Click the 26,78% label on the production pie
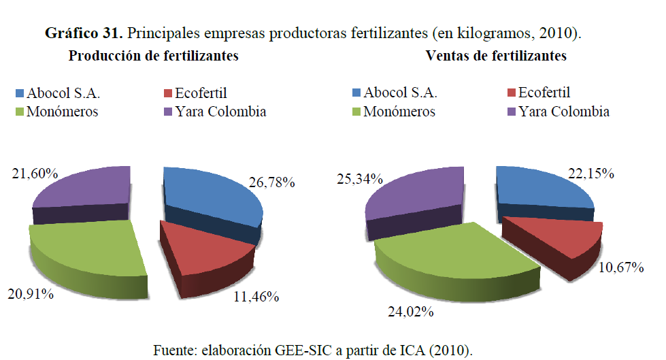click(271, 182)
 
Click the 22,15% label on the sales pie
click(592, 174)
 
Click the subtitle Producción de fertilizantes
click(153, 56)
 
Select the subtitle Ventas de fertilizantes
click(495, 56)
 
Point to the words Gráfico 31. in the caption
click(83, 33)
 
